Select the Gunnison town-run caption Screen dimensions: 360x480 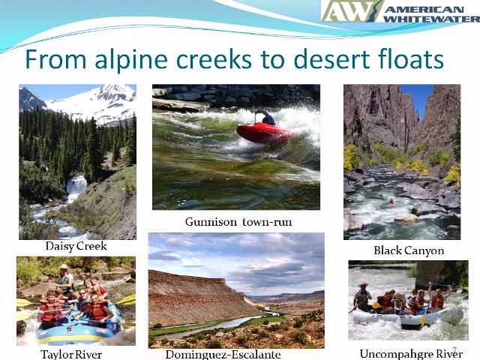[238, 222]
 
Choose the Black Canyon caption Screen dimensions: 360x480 [409, 250]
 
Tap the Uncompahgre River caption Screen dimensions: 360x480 [410, 353]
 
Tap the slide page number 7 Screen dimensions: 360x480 [454, 350]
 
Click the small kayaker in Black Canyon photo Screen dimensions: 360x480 [390, 202]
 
